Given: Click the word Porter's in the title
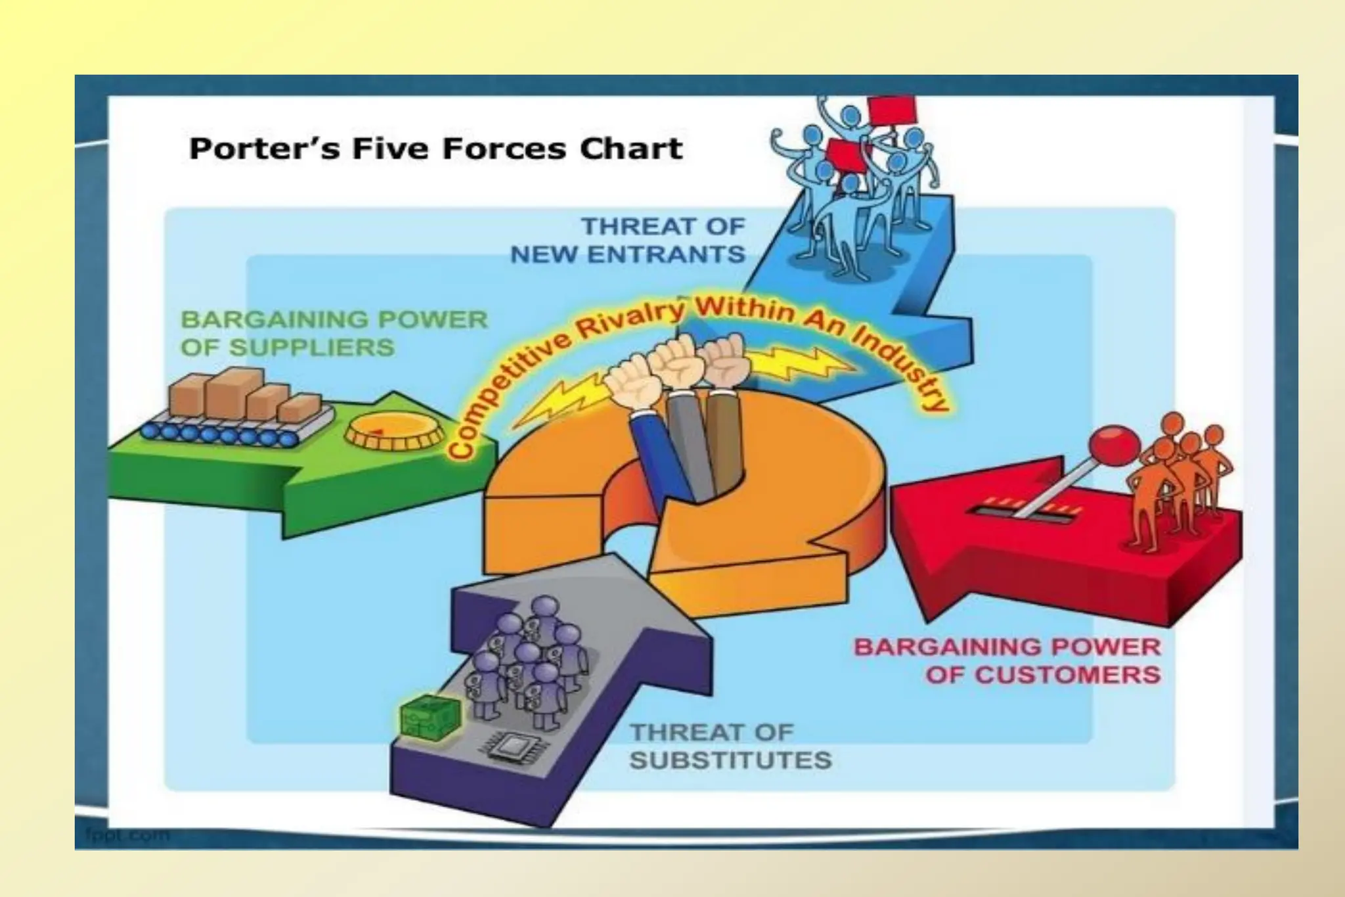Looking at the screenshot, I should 264,149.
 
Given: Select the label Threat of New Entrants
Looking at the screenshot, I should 628,241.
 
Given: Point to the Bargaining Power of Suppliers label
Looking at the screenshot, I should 334,333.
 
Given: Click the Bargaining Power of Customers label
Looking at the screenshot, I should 1007,660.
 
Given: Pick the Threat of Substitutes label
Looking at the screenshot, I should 730,746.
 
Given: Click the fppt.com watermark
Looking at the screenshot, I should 127,835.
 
